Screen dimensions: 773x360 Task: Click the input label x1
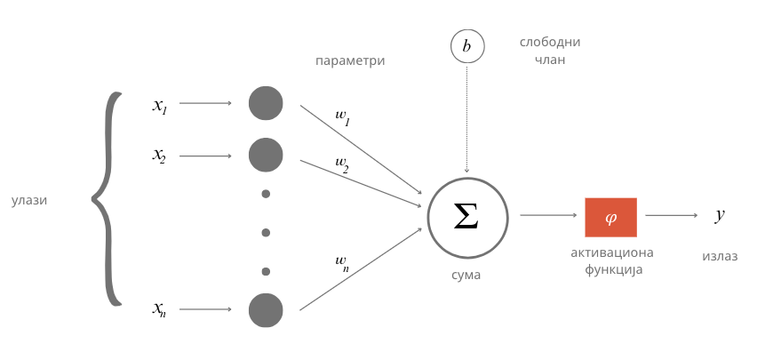(x=160, y=106)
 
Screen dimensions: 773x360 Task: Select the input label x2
(x=159, y=156)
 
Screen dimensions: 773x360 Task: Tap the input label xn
(x=159, y=309)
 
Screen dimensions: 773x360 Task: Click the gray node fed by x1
(x=266, y=103)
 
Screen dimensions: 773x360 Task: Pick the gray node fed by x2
(x=266, y=155)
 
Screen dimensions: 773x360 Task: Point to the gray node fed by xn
(x=266, y=310)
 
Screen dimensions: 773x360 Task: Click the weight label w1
(x=343, y=118)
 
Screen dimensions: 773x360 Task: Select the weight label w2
(x=342, y=164)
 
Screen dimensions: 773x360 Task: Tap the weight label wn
(x=342, y=264)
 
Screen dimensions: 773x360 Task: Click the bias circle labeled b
(x=467, y=46)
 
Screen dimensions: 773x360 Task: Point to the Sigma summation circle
(x=467, y=218)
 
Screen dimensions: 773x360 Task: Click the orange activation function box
(x=610, y=218)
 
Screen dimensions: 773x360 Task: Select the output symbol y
(x=720, y=214)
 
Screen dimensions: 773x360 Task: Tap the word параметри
(x=350, y=61)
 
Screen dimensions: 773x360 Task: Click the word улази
(x=29, y=201)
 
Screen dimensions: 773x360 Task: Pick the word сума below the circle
(x=466, y=276)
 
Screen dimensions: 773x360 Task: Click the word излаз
(x=720, y=256)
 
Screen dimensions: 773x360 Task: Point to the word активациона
(x=612, y=253)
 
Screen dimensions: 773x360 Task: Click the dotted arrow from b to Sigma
(x=466, y=119)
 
